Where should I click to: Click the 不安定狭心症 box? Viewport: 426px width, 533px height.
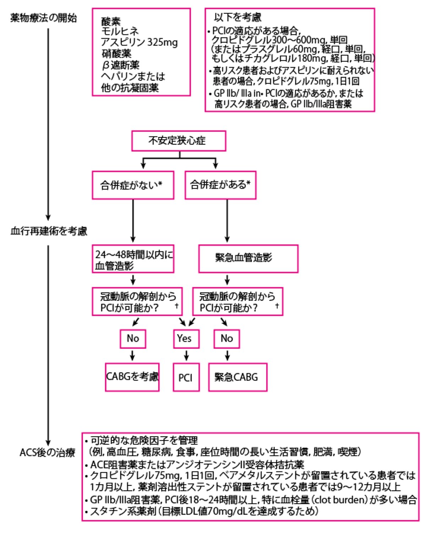(x=179, y=141)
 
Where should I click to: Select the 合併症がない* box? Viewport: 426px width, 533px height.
(x=133, y=185)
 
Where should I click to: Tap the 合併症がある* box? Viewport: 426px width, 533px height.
(x=220, y=185)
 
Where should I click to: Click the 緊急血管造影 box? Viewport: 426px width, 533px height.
(x=248, y=258)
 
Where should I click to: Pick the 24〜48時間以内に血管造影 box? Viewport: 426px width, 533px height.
(x=133, y=259)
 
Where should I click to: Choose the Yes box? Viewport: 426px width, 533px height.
(x=186, y=339)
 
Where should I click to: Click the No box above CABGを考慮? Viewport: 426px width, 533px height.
(x=133, y=339)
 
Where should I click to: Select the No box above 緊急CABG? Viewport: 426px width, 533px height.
(x=226, y=339)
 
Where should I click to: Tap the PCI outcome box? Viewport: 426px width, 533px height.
(x=186, y=377)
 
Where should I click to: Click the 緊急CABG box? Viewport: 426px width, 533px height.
(x=237, y=377)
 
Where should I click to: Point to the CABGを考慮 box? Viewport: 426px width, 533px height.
(x=132, y=377)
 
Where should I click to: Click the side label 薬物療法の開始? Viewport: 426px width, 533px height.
(x=43, y=18)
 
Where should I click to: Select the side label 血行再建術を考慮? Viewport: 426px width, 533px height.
(x=49, y=231)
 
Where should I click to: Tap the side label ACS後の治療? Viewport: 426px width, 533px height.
(x=47, y=452)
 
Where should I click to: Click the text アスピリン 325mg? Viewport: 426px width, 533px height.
(x=139, y=43)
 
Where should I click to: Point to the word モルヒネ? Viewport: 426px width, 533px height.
(x=120, y=32)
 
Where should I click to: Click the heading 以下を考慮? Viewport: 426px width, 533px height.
(x=237, y=17)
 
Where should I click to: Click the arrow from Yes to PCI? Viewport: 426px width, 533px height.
(x=186, y=355)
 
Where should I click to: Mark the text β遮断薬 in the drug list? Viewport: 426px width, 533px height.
(x=121, y=65)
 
